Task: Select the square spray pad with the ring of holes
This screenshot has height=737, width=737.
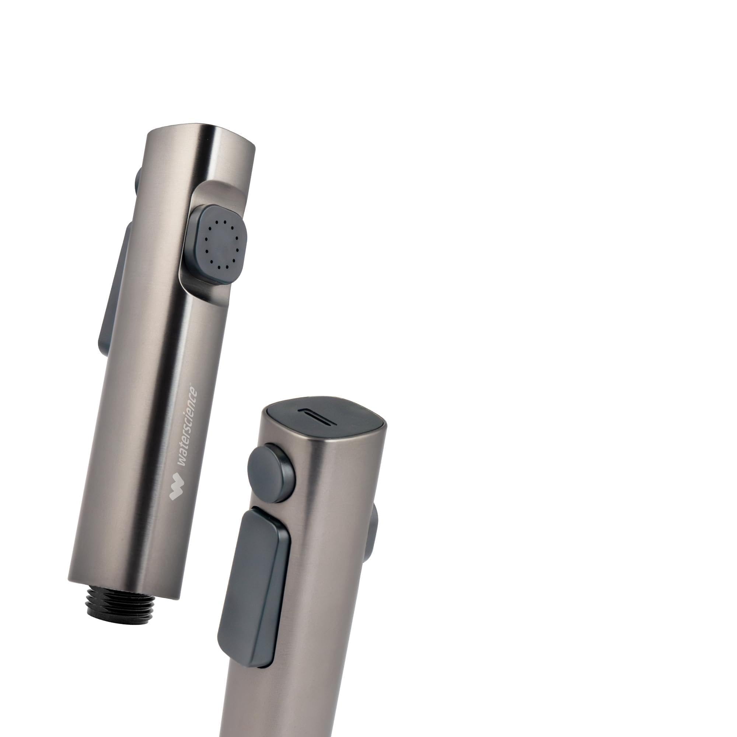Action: click(x=221, y=243)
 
